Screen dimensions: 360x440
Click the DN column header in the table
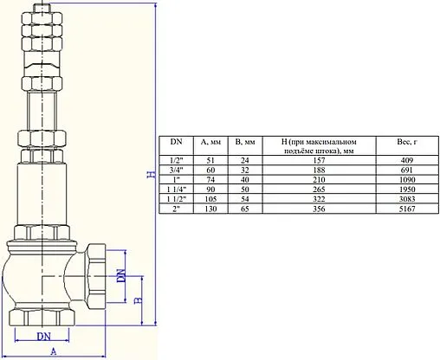(x=176, y=140)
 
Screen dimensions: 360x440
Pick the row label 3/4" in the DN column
(x=176, y=170)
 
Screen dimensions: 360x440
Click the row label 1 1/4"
(x=176, y=189)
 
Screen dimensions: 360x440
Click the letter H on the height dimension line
(x=149, y=176)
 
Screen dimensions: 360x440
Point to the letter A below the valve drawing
(x=54, y=352)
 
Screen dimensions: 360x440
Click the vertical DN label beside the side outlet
(x=121, y=275)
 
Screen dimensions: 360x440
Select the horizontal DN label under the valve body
(x=44, y=336)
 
